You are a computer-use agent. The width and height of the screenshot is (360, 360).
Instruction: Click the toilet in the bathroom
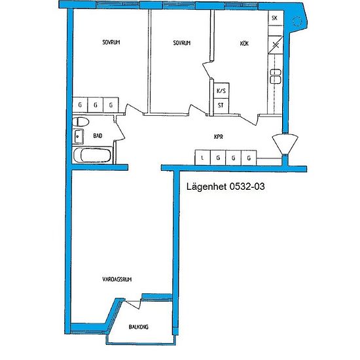coord(81,122)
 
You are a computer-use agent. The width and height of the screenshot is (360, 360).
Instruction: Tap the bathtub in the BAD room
coord(92,155)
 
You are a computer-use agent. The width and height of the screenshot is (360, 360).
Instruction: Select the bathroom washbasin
coord(78,136)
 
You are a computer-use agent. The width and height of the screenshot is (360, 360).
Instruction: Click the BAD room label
coord(98,136)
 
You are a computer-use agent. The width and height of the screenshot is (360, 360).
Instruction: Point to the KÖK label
coord(244,43)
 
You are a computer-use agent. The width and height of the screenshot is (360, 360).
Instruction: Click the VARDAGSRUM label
coord(117,279)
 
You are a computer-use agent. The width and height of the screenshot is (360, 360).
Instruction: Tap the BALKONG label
coord(139,327)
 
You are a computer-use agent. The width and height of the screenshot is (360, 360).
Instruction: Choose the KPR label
coord(219,137)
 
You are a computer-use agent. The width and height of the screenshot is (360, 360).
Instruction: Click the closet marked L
coord(202,158)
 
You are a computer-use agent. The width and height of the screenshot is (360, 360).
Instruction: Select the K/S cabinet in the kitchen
coord(221,91)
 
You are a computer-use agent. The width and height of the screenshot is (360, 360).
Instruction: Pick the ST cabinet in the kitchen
coord(221,106)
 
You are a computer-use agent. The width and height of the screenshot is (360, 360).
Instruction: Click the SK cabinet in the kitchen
coord(276,18)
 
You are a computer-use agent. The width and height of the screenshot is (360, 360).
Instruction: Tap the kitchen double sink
coord(276,76)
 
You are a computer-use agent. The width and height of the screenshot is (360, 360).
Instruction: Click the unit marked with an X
coord(276,45)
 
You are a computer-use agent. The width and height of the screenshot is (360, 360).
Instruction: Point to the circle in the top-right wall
coord(297,22)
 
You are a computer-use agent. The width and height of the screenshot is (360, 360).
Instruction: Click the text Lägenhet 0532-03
coord(225,186)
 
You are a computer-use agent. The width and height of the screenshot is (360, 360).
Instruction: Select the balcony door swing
coord(133,304)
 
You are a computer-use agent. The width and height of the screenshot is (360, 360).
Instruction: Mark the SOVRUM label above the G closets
coord(111,43)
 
